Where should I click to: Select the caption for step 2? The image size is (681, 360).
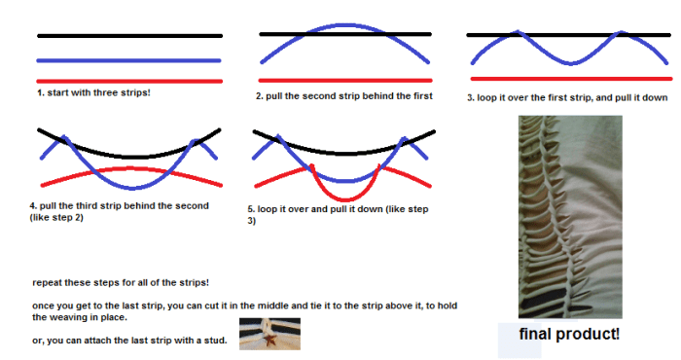pyautogui.click(x=343, y=96)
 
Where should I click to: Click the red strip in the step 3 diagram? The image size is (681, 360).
pyautogui.click(x=569, y=78)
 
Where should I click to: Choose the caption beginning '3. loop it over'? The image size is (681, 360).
pyautogui.click(x=567, y=97)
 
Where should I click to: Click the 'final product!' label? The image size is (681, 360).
pyautogui.click(x=569, y=335)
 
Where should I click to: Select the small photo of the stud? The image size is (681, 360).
pyautogui.click(x=269, y=334)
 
